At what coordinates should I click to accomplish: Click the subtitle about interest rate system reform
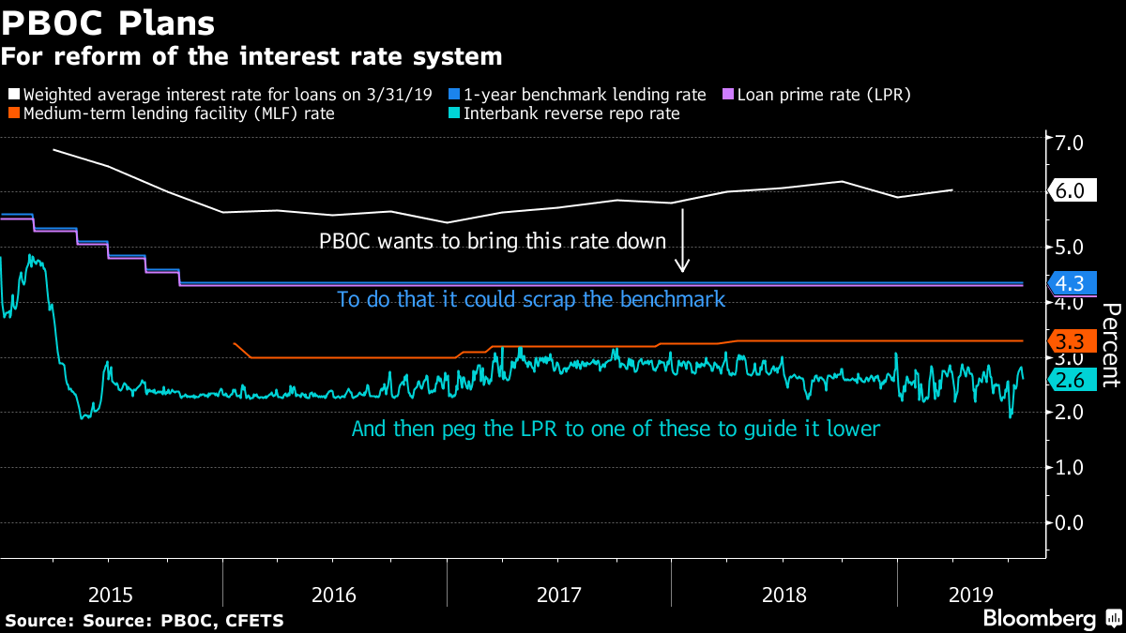click(251, 57)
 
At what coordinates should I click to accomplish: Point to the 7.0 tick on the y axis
click(1071, 143)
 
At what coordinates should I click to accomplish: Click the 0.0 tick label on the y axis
click(1071, 522)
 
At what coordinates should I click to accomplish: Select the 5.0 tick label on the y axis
click(1071, 248)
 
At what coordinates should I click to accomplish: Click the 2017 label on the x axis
click(559, 594)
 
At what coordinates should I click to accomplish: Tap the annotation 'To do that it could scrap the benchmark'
click(531, 300)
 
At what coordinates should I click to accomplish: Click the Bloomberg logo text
click(1039, 618)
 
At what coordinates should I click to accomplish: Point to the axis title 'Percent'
click(1109, 345)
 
